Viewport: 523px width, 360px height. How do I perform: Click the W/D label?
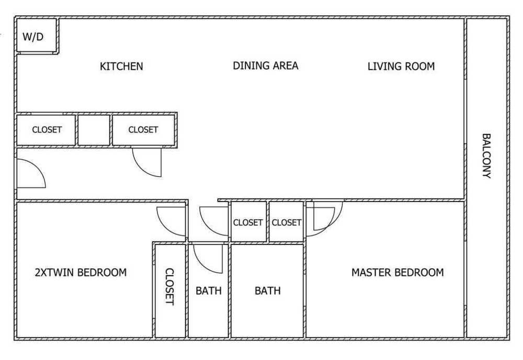33,37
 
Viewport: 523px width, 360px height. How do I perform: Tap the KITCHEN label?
121,66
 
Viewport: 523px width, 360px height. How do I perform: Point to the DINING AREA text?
266,65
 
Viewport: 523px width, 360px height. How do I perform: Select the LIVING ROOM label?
401,66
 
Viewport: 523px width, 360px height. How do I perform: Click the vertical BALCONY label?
486,156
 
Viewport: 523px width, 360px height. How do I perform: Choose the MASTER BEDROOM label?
397,272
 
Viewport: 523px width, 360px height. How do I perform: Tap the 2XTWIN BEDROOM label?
81,272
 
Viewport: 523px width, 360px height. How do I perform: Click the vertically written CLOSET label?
170,287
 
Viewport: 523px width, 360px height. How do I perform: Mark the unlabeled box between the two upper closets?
94,130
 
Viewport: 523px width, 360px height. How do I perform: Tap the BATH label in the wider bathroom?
267,290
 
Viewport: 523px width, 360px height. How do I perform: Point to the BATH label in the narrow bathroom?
209,290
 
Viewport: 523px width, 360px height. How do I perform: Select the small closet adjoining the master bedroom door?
286,221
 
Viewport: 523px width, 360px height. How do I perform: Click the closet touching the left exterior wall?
46,130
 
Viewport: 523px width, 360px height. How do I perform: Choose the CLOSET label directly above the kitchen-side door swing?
143,129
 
